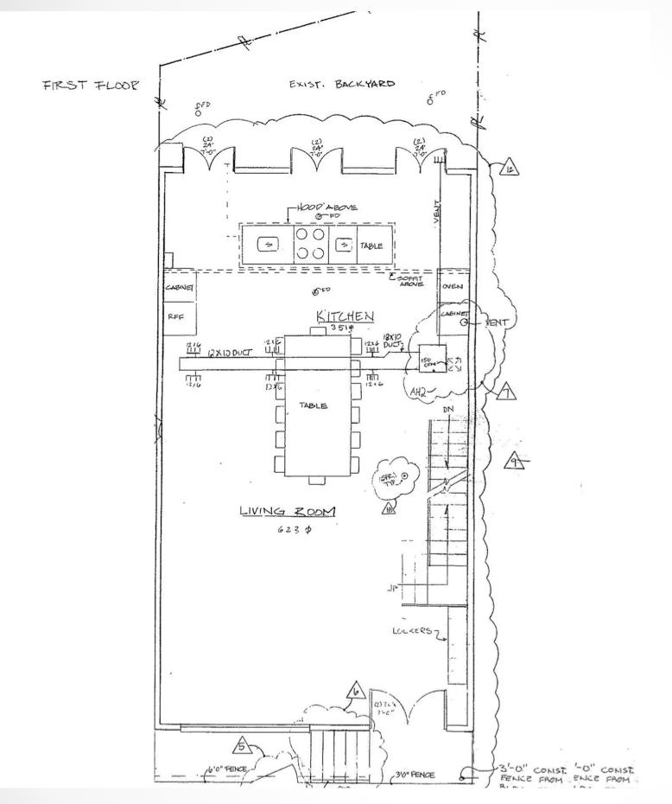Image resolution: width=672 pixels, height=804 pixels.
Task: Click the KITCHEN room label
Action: click(344, 316)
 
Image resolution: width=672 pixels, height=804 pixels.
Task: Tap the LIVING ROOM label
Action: click(288, 513)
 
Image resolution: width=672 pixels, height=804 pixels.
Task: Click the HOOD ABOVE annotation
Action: click(327, 207)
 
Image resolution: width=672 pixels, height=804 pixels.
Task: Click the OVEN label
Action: click(452, 287)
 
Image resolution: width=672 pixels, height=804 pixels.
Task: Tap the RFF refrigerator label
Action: click(175, 316)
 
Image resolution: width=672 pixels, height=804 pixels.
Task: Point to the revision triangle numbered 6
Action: click(354, 691)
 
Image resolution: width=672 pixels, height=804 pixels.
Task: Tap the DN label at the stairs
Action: click(449, 408)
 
